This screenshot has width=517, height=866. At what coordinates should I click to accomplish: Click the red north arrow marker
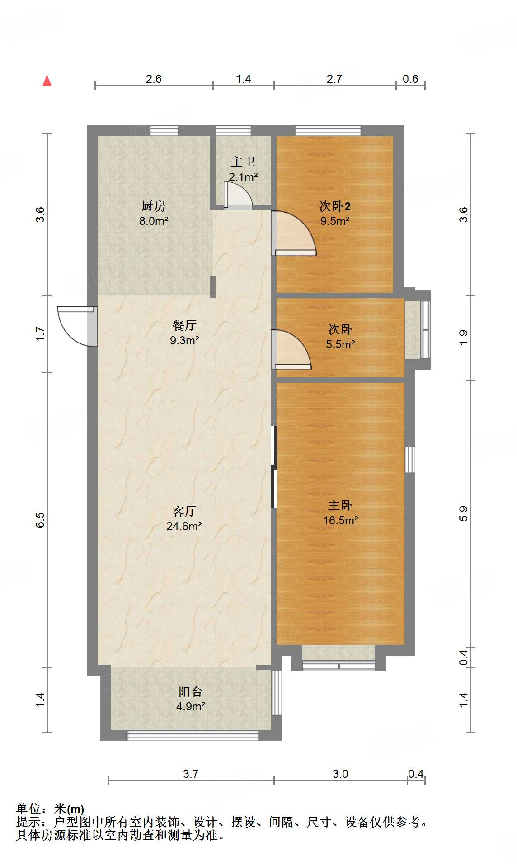(47, 81)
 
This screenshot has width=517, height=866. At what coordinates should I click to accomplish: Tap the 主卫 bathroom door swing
(238, 196)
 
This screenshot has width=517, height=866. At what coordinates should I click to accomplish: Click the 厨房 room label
(154, 206)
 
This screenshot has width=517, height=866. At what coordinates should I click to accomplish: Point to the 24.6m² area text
(184, 526)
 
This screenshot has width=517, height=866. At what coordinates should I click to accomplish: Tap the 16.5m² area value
(340, 520)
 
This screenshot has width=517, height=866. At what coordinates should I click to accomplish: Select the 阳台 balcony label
(190, 691)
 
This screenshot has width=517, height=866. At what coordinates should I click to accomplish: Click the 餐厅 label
(184, 325)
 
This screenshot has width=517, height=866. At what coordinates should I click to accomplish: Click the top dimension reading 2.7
(334, 79)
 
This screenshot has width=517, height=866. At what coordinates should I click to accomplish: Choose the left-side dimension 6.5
(40, 519)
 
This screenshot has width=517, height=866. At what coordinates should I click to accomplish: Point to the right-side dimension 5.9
(463, 514)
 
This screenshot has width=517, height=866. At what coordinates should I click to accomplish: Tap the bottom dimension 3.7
(191, 774)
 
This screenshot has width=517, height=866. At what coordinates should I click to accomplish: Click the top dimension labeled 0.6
(410, 79)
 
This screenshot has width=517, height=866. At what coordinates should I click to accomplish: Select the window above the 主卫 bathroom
(233, 131)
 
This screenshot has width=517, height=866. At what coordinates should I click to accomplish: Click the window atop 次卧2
(328, 131)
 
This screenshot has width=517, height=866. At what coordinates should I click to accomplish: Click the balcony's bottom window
(193, 735)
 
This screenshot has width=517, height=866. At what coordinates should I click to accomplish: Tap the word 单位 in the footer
(28, 809)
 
